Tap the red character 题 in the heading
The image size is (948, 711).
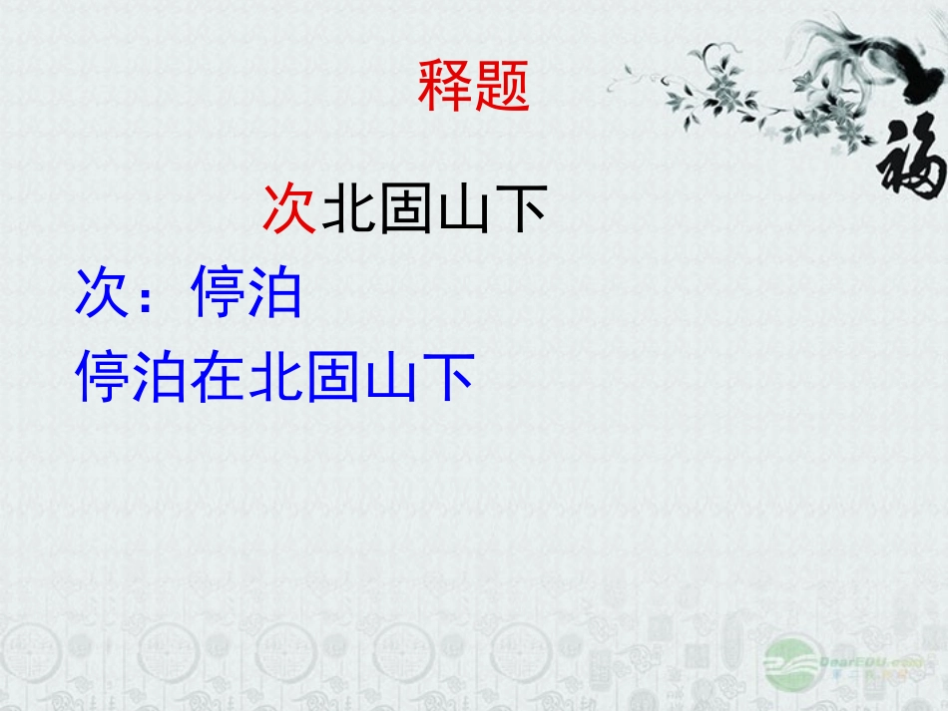coord(502,86)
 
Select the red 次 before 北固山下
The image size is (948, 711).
coord(289,209)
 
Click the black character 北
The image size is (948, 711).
coord(348,209)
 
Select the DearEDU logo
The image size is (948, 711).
coord(838,663)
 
